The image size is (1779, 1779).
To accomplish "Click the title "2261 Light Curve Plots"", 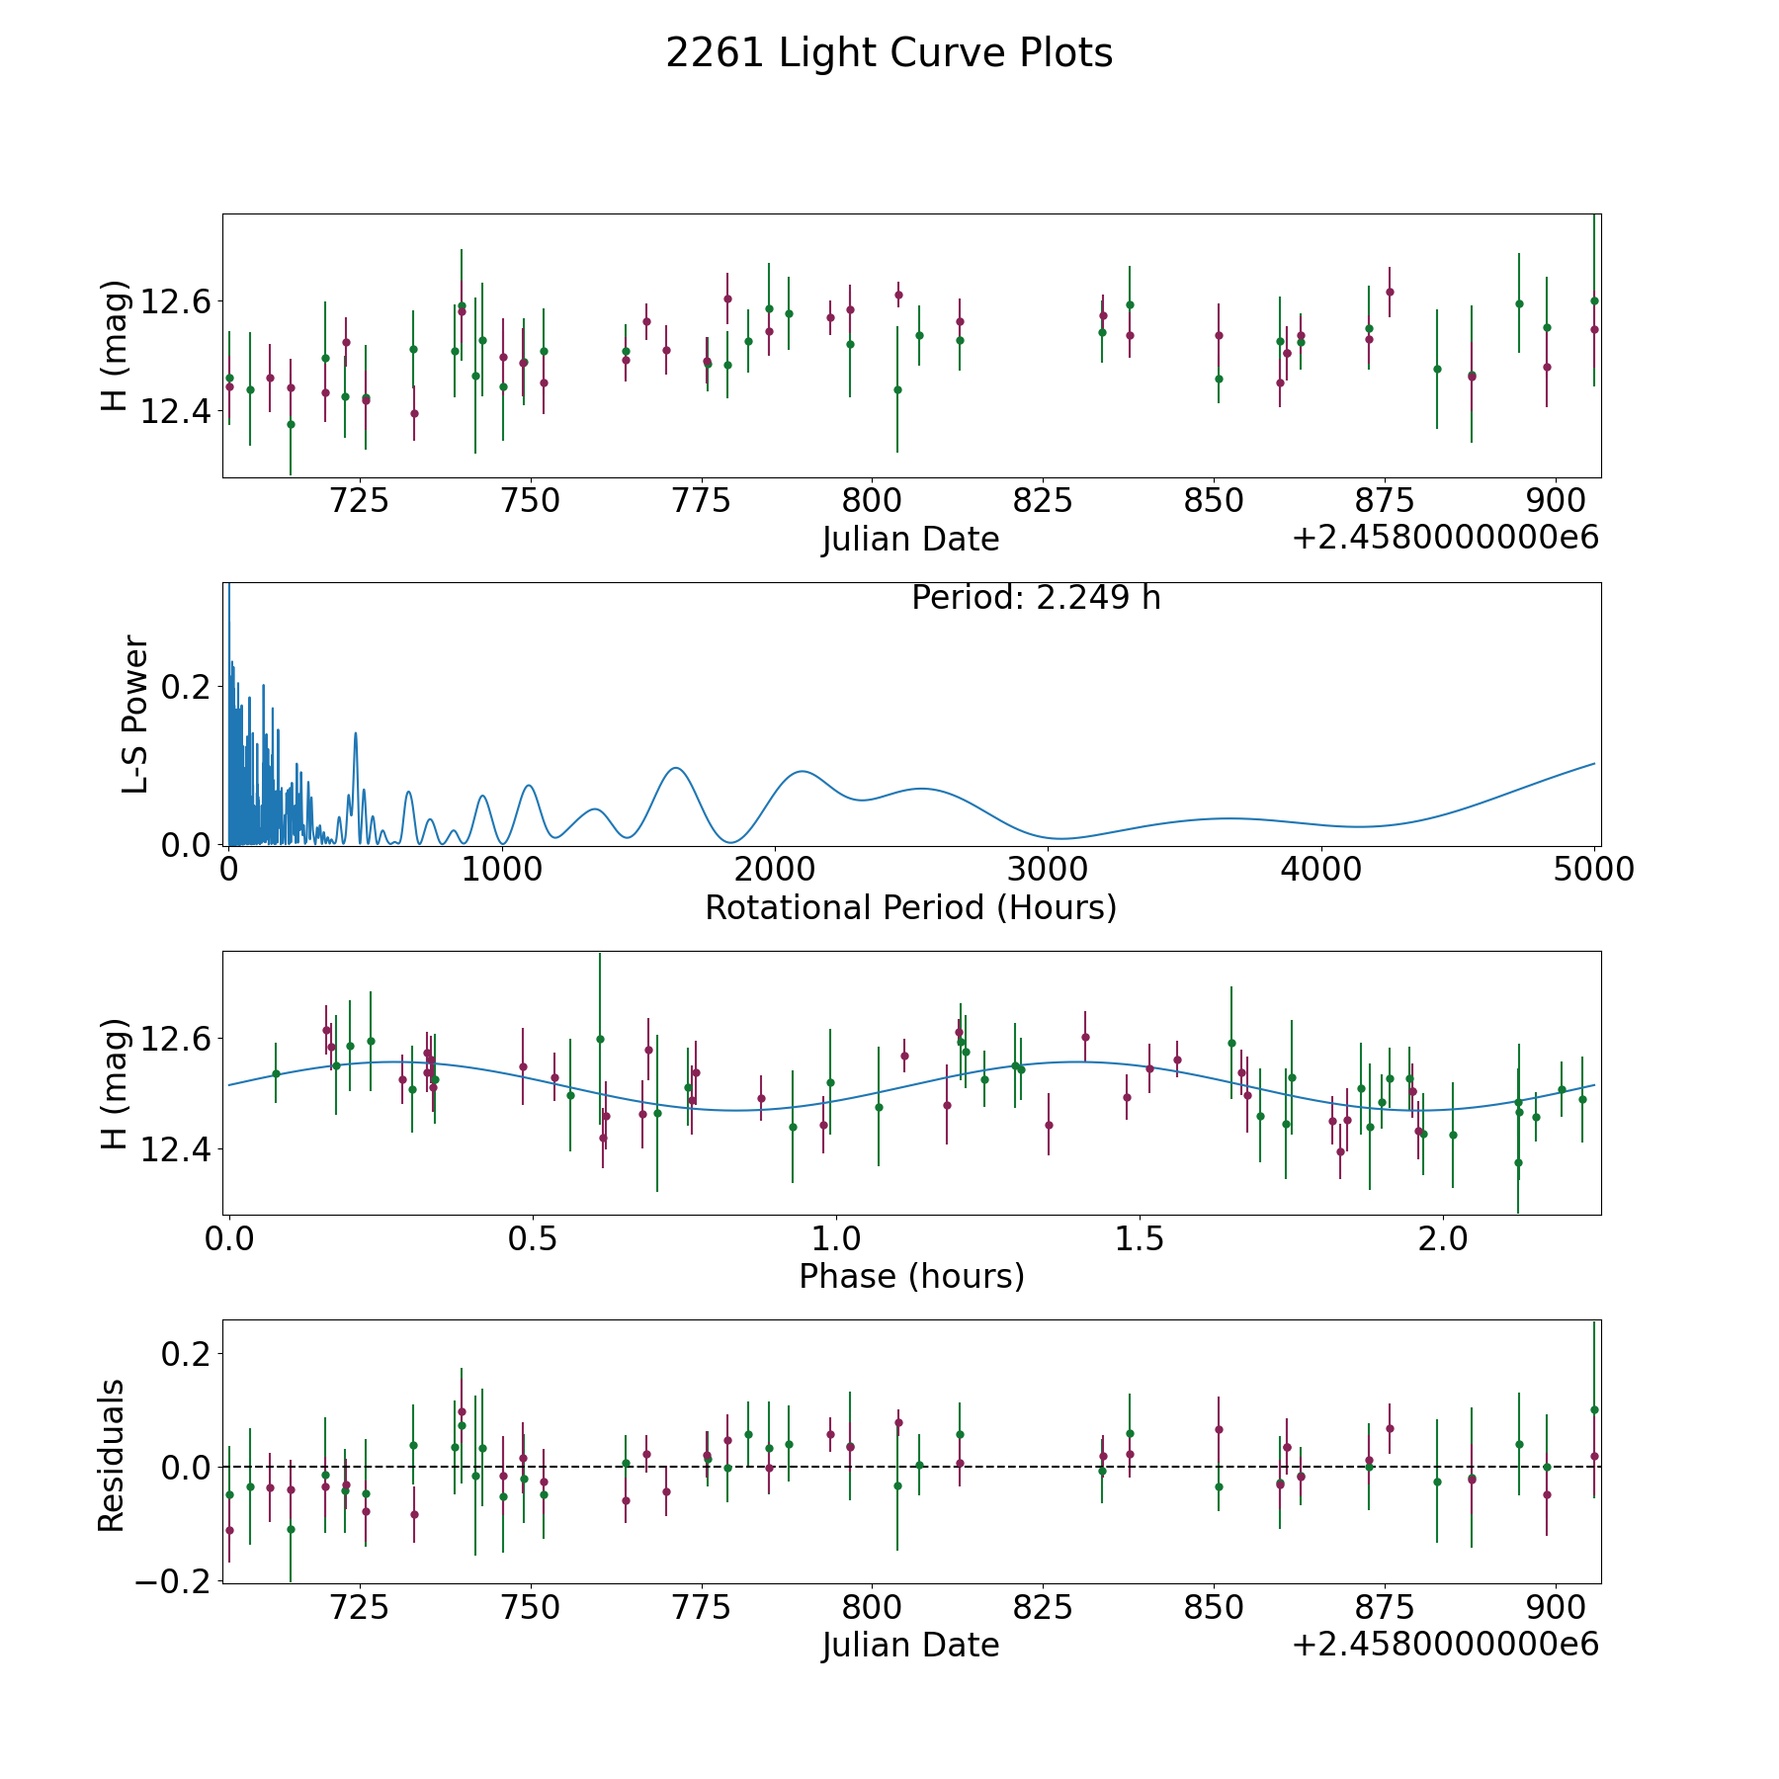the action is coord(889,53).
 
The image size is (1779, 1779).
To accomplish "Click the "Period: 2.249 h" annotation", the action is coord(1036,598).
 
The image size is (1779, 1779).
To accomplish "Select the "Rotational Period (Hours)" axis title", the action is coord(910,907).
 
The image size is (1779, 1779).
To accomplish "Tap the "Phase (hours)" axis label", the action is coord(911,1276).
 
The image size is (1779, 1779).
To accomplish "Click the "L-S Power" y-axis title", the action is coord(135,715).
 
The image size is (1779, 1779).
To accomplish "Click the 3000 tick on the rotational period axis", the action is coord(1049,869).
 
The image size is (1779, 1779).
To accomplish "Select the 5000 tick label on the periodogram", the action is coord(1595,869).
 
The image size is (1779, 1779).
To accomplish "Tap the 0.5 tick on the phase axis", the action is coord(532,1238).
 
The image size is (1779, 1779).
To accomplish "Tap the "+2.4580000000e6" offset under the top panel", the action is coord(1446,538).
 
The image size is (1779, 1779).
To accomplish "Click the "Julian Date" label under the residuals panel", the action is coord(910,1645).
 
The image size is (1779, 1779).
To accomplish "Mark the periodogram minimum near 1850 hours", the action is coord(730,843).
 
